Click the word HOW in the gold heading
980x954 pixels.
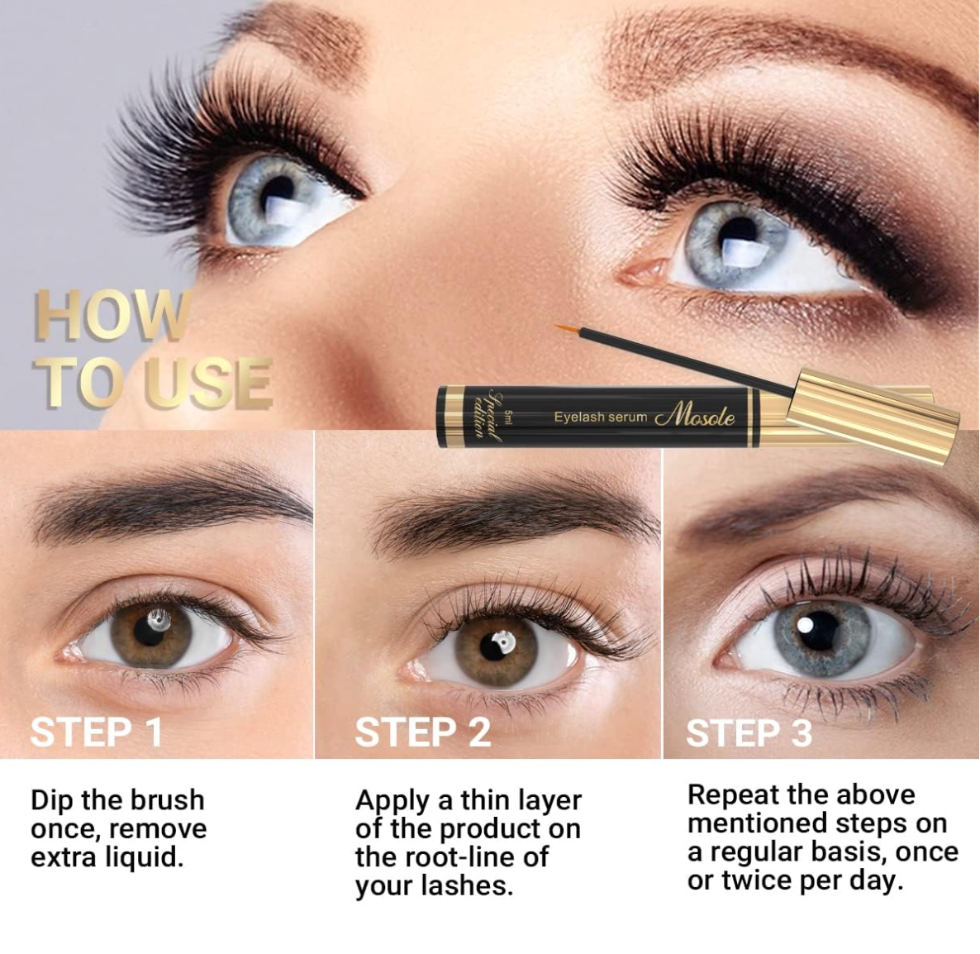coord(112,316)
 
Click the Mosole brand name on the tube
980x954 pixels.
coord(695,416)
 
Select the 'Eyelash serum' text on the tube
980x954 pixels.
coord(600,417)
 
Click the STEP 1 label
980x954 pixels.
coord(96,732)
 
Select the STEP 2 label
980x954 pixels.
coord(423,732)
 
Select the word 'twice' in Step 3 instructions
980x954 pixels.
coord(758,881)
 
